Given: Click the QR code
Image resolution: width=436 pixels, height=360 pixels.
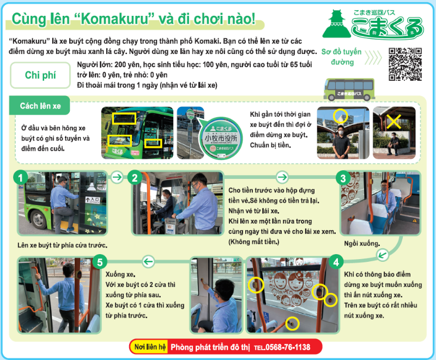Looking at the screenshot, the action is click(405, 64).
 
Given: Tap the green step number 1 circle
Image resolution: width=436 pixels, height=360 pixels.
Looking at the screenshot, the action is click(20, 178).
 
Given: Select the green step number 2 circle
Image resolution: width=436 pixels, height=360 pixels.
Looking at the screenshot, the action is click(135, 178).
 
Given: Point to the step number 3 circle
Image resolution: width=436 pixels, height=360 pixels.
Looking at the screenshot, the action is click(343, 178).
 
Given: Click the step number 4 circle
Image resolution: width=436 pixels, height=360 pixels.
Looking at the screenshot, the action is click(336, 262).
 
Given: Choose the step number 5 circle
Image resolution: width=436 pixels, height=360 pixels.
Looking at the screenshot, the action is click(100, 262).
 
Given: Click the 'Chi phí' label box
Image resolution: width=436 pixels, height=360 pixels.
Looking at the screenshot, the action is click(40, 75).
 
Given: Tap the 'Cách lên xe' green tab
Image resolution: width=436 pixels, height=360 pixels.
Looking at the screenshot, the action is click(40, 106).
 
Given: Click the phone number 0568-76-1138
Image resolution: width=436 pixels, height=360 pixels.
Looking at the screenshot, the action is click(288, 347).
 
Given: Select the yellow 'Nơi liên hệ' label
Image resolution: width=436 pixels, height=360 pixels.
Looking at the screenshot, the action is click(149, 347).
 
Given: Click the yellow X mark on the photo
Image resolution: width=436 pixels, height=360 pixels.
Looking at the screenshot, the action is click(393, 121).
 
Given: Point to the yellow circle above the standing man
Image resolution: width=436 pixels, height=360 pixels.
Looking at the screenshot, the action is click(340, 116).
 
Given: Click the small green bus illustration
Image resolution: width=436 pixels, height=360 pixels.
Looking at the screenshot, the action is click(349, 89).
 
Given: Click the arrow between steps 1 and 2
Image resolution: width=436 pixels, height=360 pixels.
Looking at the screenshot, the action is click(117, 177).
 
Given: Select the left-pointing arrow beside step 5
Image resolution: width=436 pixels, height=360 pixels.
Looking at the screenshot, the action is click(148, 261).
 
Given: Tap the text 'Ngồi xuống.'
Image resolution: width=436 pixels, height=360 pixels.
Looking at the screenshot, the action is click(362, 244).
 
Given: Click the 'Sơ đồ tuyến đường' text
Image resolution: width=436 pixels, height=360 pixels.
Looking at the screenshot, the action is click(342, 57).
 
